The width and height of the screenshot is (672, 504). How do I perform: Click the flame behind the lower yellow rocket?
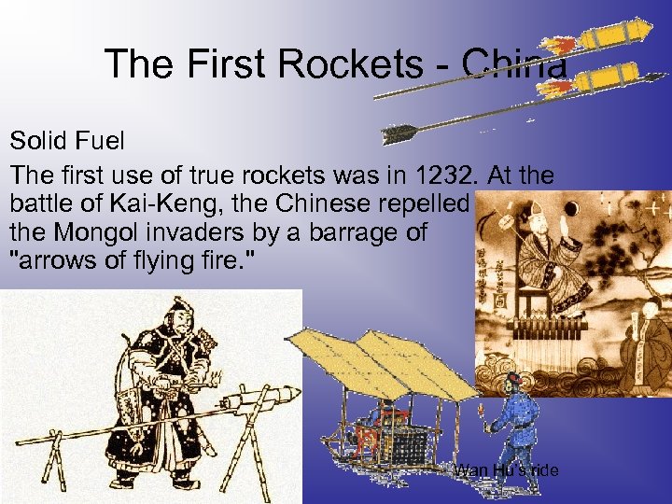(x=556, y=88)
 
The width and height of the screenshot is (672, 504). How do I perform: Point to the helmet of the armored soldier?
(x=175, y=310)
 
